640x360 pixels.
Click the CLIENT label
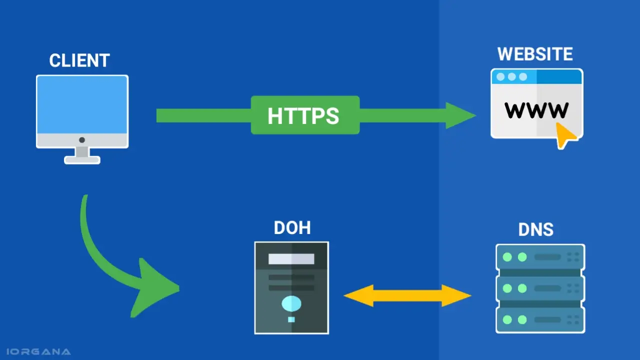pyautogui.click(x=79, y=60)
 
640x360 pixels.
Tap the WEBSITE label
pyautogui.click(x=535, y=54)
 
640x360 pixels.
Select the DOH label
pyautogui.click(x=292, y=228)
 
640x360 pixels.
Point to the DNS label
pyautogui.click(x=535, y=229)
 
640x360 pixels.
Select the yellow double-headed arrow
pyautogui.click(x=407, y=295)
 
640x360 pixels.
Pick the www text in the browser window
pyautogui.click(x=536, y=109)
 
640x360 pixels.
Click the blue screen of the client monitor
pyautogui.click(x=82, y=105)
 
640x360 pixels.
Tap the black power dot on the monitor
pyautogui.click(x=82, y=140)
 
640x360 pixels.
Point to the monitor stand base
pyautogui.click(x=82, y=160)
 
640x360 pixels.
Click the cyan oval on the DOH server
pyautogui.click(x=291, y=303)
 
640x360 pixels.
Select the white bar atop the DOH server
pyautogui.click(x=291, y=259)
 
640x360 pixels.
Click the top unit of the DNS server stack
pyautogui.click(x=540, y=257)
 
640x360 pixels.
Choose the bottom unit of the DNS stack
pyautogui.click(x=540, y=319)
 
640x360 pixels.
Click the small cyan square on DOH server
pyautogui.click(x=291, y=319)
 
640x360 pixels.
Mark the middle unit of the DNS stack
pyautogui.click(x=540, y=288)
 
